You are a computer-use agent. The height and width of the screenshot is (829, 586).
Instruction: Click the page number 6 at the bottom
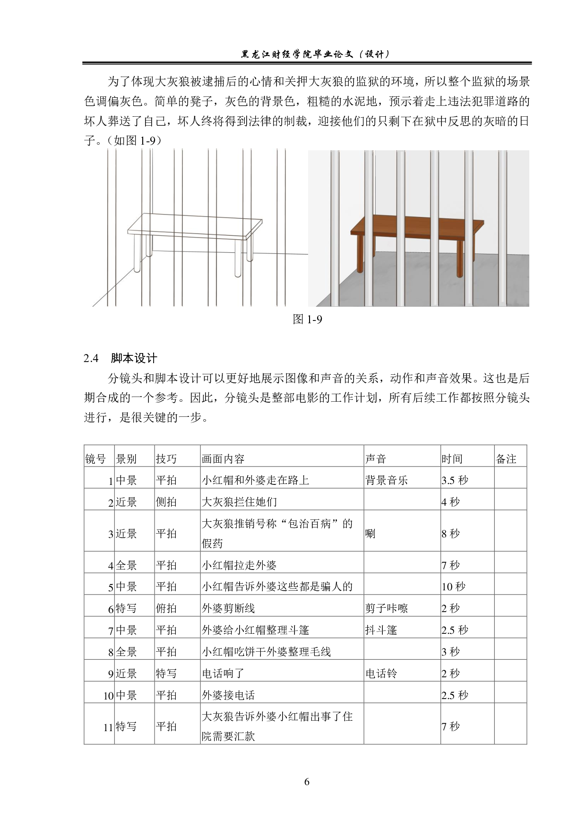pyautogui.click(x=307, y=782)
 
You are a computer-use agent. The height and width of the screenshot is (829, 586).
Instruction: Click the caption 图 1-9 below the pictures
pyautogui.click(x=307, y=320)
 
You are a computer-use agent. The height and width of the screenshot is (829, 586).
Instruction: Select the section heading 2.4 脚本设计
pyautogui.click(x=120, y=358)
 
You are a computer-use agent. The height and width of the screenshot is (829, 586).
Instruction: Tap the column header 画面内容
pyautogui.click(x=223, y=459)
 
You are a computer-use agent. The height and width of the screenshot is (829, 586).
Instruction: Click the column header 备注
pyautogui.click(x=506, y=459)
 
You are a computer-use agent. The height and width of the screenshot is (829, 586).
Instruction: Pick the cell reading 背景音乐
pyautogui.click(x=386, y=480)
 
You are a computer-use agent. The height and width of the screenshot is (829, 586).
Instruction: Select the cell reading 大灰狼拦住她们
pyautogui.click(x=239, y=502)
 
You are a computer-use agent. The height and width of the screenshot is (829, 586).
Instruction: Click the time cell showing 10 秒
pyautogui.click(x=453, y=587)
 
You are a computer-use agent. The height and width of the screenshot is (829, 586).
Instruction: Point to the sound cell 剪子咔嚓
pyautogui.click(x=386, y=608)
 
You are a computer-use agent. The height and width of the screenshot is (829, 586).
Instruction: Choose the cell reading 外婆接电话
pyautogui.click(x=228, y=695)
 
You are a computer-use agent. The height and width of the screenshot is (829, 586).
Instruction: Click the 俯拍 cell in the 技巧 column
pyautogui.click(x=166, y=608)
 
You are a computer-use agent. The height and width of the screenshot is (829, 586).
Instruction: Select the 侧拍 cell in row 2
pyautogui.click(x=166, y=502)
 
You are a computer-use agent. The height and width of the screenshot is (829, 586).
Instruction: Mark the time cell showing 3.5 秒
pyautogui.click(x=455, y=480)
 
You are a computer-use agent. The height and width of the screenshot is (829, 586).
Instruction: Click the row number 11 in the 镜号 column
pyautogui.click(x=108, y=727)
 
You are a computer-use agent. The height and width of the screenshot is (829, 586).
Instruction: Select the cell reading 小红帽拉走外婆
pyautogui.click(x=239, y=565)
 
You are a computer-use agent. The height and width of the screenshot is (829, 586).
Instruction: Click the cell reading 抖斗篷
pyautogui.click(x=381, y=630)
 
